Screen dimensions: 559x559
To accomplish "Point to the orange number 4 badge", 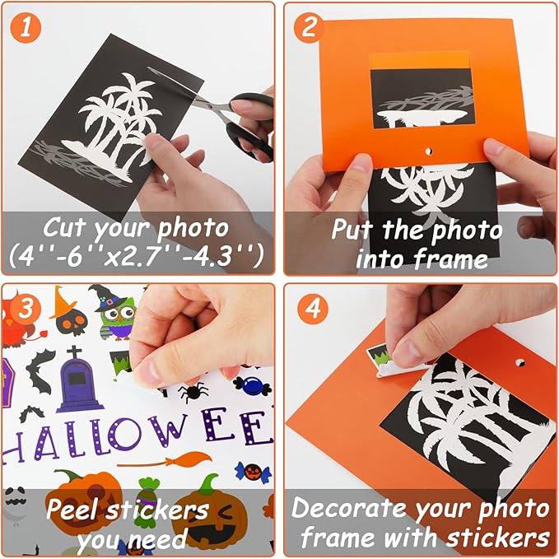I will point(310,310).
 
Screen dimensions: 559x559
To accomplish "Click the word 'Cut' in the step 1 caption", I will point(63,226).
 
